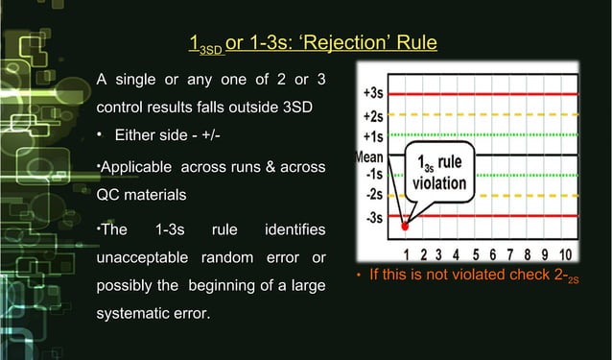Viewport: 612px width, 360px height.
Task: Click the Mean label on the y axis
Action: pos(369,156)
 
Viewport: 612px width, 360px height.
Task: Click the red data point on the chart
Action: pos(406,228)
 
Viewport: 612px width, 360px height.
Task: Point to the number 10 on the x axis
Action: pos(565,253)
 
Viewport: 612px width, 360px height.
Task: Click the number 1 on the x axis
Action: pos(407,253)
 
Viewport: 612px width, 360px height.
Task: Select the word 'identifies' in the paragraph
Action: pos(295,230)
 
